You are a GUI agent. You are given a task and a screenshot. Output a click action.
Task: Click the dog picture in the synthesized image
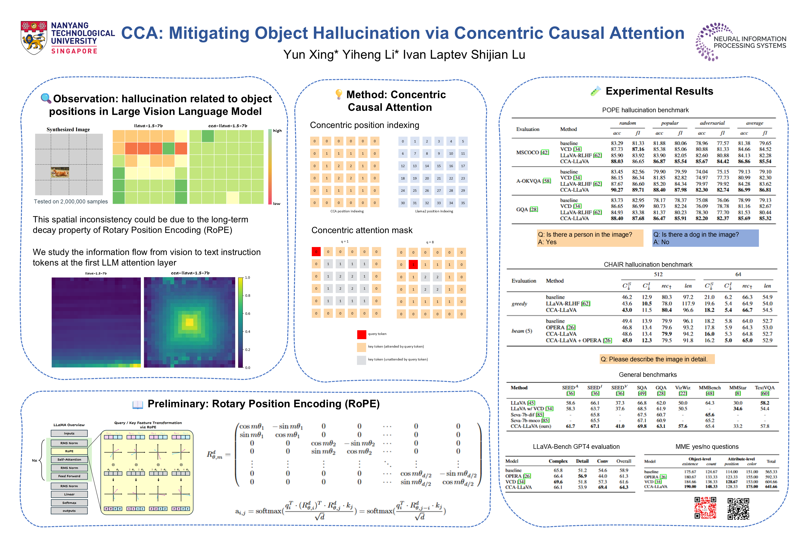[60, 172]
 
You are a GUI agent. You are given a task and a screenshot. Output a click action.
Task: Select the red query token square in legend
[361, 334]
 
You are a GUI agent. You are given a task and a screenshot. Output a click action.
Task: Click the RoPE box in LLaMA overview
[69, 451]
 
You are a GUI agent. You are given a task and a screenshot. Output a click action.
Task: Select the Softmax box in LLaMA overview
[69, 503]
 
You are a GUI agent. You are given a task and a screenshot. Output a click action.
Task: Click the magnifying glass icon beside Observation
[46, 98]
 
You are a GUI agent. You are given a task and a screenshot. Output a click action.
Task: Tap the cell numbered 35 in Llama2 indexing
[463, 203]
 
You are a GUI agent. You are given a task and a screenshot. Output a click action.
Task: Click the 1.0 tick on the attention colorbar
[247, 277]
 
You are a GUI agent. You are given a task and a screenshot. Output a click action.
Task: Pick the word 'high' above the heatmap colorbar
[277, 131]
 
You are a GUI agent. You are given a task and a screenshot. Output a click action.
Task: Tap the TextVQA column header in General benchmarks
[765, 388]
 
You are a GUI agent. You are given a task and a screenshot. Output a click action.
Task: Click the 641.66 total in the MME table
[771, 487]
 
